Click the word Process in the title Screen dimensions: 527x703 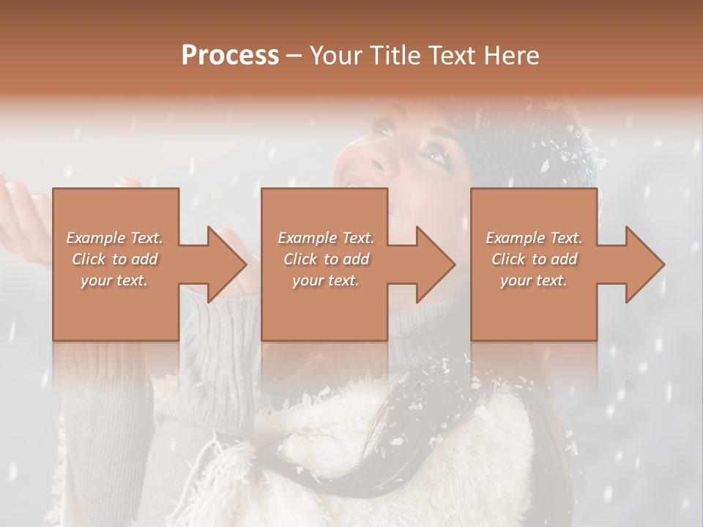pyautogui.click(x=230, y=56)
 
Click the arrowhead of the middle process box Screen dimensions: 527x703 pyautogui.click(x=435, y=264)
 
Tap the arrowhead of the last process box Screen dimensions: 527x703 pyautogui.click(x=644, y=264)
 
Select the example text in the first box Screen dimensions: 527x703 pyautogui.click(x=114, y=259)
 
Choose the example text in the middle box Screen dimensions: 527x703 pyautogui.click(x=326, y=259)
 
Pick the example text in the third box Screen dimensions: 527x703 pyautogui.click(x=534, y=259)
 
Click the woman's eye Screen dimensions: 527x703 pyautogui.click(x=434, y=152)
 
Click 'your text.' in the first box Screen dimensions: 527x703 pyautogui.click(x=114, y=280)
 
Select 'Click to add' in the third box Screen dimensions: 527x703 pyautogui.click(x=534, y=259)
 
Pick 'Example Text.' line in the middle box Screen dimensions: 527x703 pyautogui.click(x=326, y=238)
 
